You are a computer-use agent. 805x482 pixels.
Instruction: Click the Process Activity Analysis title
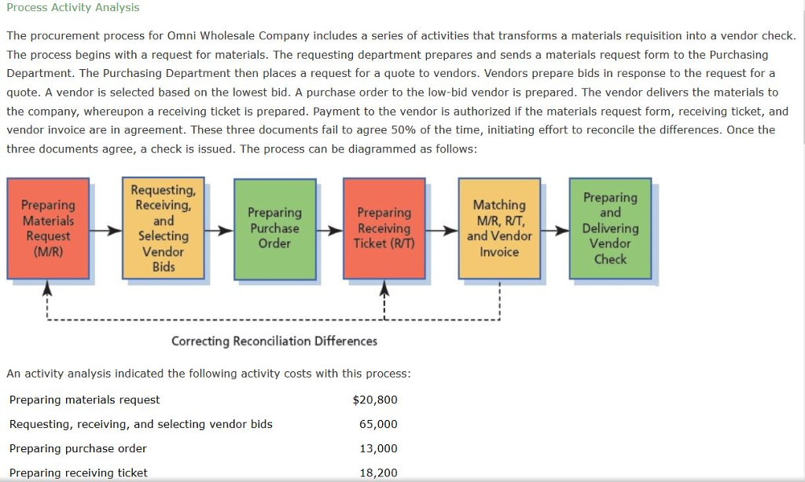(x=72, y=7)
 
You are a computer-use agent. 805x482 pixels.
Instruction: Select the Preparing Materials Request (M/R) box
(x=48, y=228)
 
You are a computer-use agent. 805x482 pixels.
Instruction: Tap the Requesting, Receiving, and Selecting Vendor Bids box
(x=164, y=228)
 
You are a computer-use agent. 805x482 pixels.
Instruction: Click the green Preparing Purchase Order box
(x=274, y=228)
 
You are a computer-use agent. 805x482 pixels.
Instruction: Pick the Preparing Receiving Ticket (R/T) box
(x=384, y=228)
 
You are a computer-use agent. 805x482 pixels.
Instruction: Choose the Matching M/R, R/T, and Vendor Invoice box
(x=499, y=228)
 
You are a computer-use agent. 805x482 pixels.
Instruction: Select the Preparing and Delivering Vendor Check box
(x=610, y=228)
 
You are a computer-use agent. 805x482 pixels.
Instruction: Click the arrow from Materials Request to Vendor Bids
(x=105, y=232)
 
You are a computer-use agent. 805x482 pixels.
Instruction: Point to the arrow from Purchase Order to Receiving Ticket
(x=329, y=232)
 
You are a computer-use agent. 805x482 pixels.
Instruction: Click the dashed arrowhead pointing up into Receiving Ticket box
(x=384, y=290)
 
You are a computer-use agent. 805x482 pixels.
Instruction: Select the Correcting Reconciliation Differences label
(x=274, y=341)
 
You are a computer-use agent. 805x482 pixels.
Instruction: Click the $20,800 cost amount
(x=375, y=400)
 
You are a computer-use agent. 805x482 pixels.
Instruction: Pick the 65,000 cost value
(x=378, y=424)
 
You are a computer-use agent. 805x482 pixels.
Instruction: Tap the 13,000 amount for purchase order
(x=378, y=448)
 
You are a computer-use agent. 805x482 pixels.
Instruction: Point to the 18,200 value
(x=378, y=473)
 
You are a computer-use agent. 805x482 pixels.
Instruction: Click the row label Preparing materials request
(x=84, y=400)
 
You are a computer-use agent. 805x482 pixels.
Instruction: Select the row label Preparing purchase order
(x=78, y=448)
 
